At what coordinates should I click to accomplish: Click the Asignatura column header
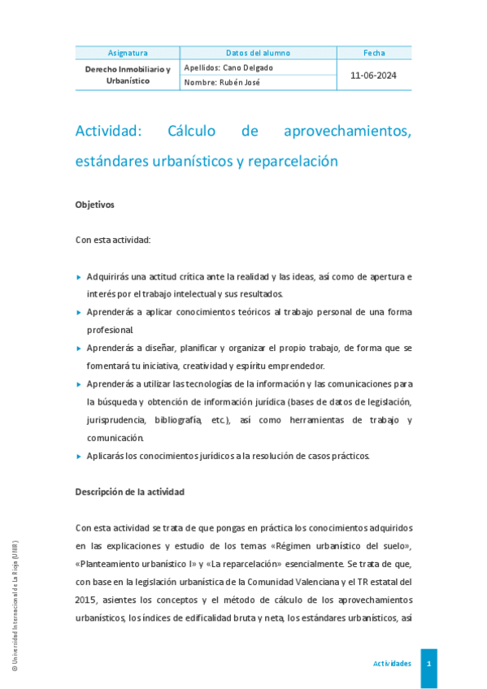tap(127, 53)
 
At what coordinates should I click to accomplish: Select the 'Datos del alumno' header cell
tap(258, 53)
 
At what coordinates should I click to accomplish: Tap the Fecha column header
tap(374, 53)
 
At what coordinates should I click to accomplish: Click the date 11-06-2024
tap(373, 75)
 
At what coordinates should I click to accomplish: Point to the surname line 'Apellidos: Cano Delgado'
tap(229, 67)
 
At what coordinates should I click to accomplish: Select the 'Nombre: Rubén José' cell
tap(222, 82)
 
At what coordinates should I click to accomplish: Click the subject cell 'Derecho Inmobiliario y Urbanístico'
tap(128, 75)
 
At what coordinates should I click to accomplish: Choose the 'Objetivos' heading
tap(95, 205)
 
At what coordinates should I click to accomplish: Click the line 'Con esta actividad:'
tap(113, 240)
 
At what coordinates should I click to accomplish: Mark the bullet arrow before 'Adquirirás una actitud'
tap(78, 277)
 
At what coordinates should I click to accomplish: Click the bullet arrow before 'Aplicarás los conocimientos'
tap(78, 457)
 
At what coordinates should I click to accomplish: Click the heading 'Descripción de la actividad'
tap(130, 492)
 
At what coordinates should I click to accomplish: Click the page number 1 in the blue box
tap(428, 664)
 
